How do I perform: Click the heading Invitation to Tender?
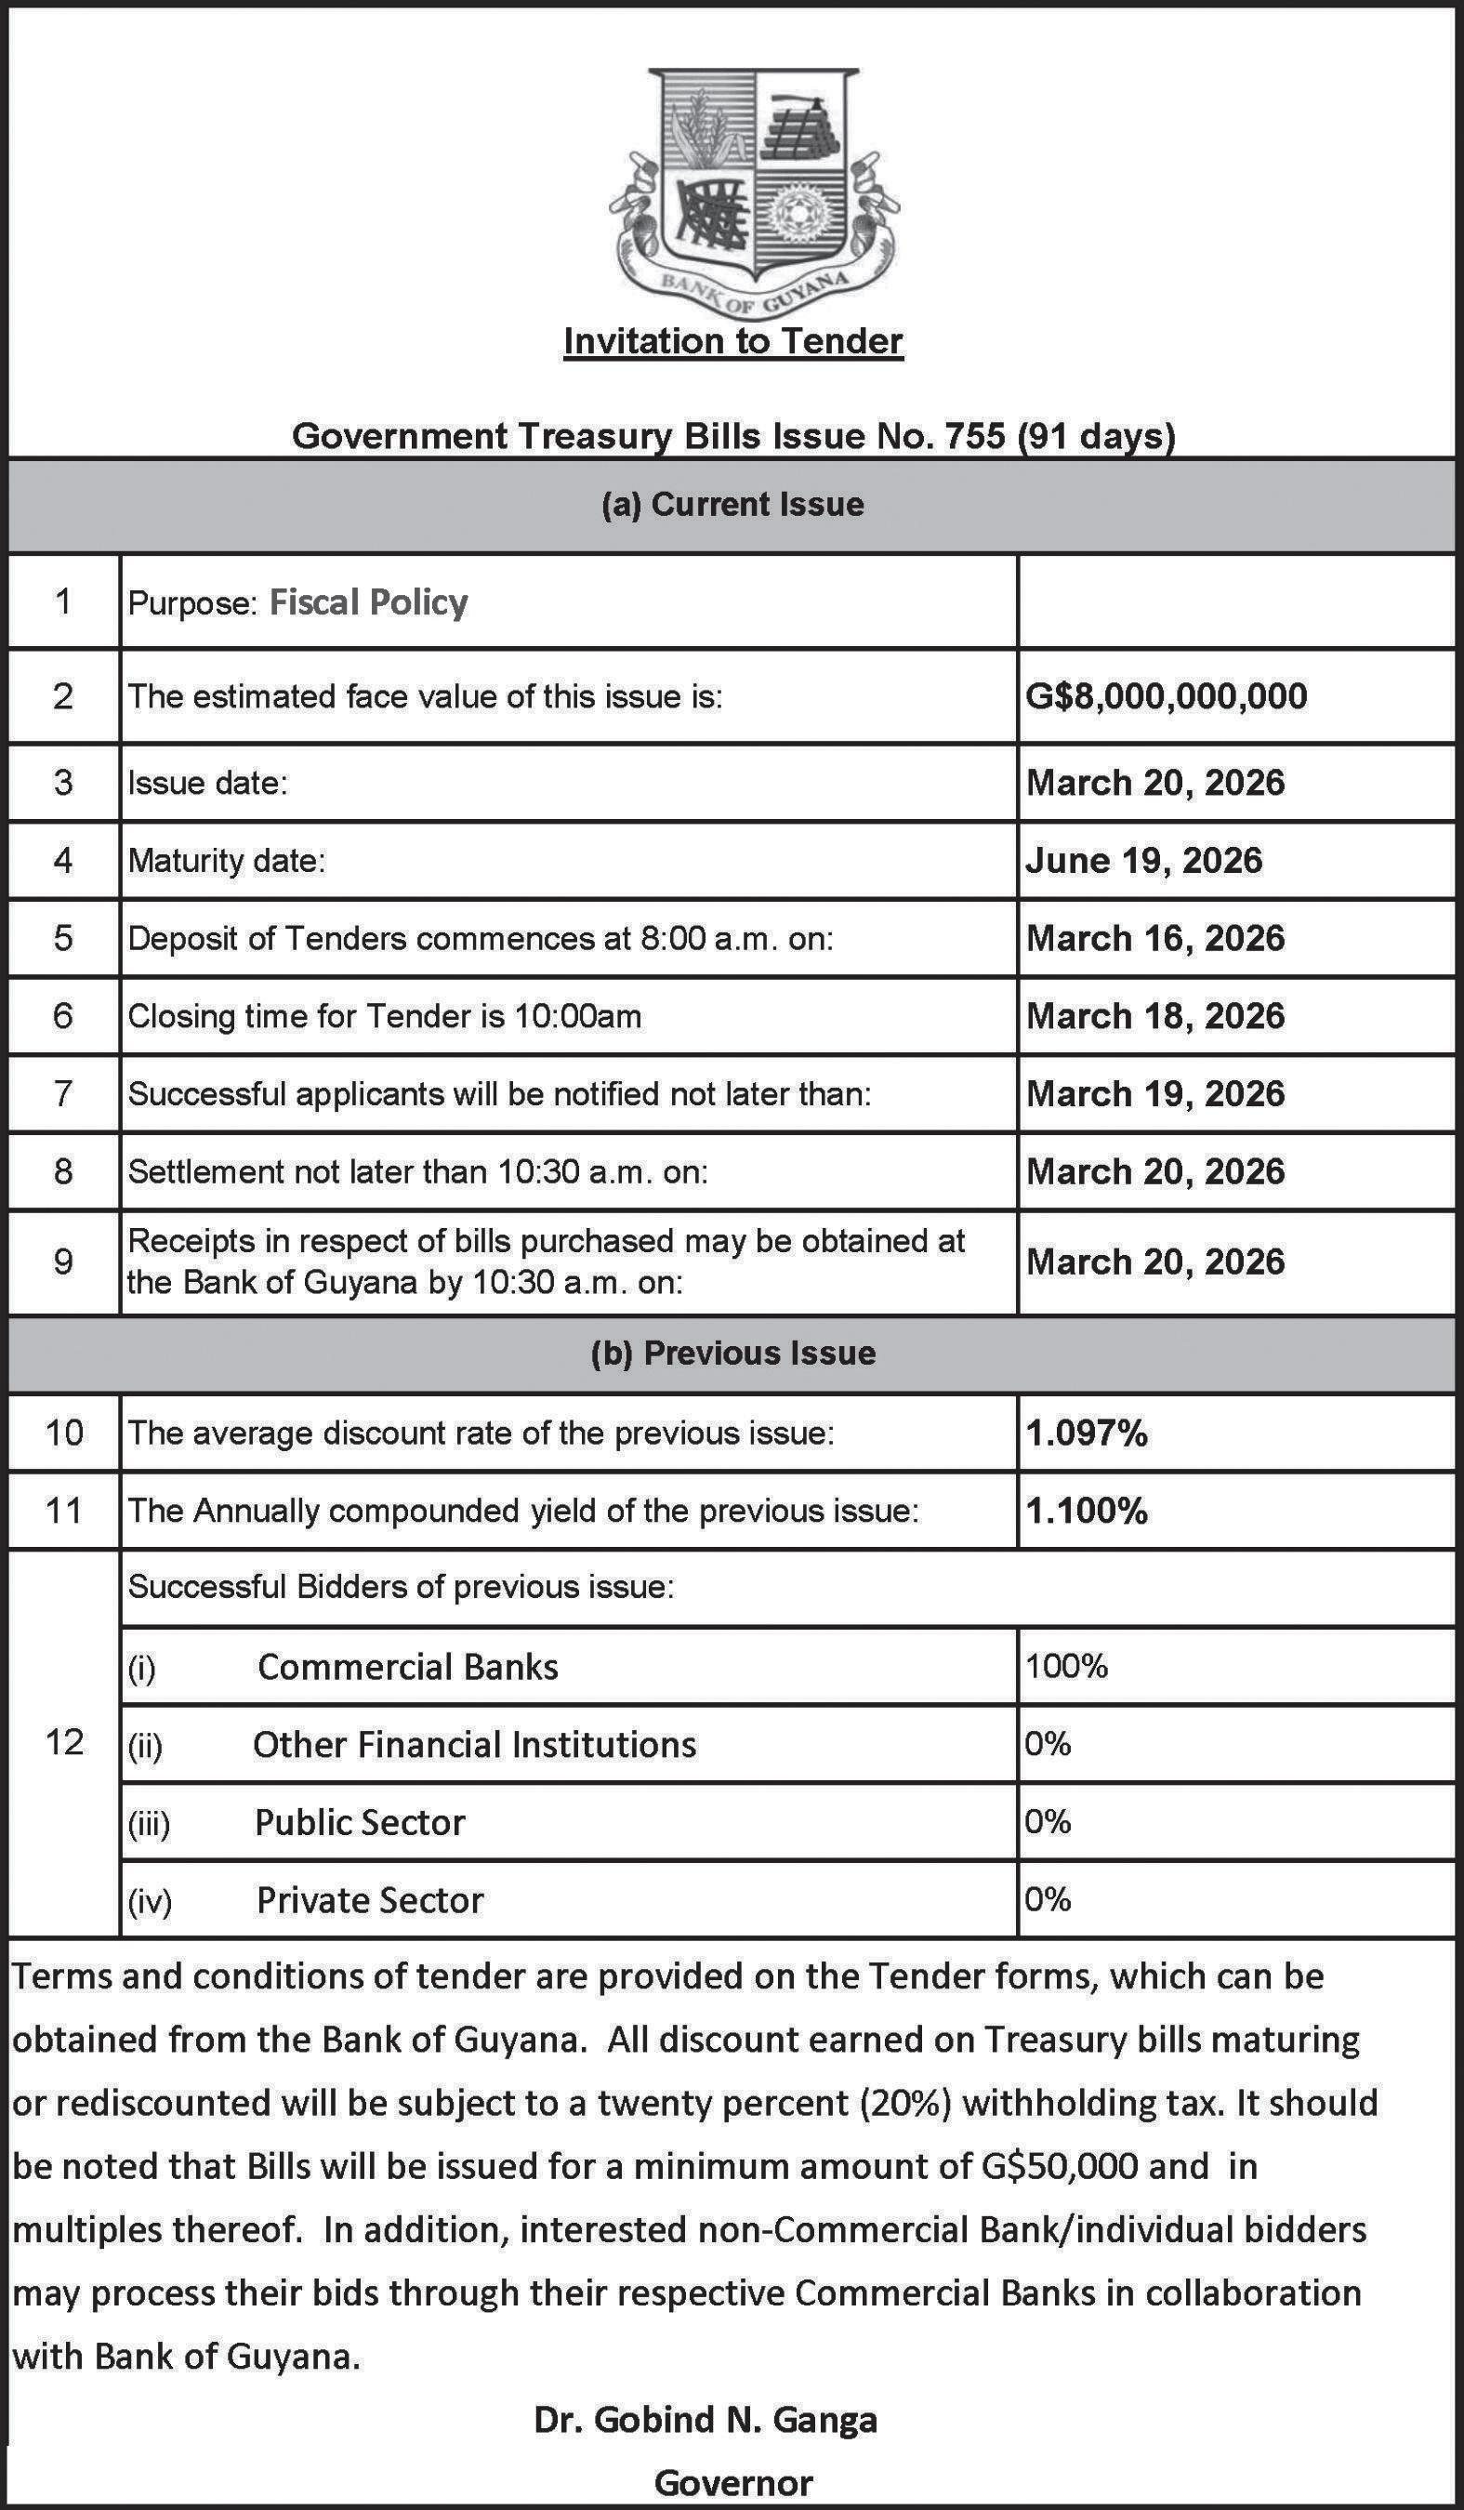point(733,340)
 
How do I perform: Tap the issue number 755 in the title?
point(974,436)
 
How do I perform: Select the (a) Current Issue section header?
point(732,504)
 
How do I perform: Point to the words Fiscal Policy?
point(368,602)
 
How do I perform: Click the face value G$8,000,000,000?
point(1167,695)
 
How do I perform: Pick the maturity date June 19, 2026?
point(1143,861)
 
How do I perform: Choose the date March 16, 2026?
point(1155,938)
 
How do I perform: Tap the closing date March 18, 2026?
point(1155,1016)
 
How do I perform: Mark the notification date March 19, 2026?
point(1155,1093)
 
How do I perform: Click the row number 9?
point(64,1262)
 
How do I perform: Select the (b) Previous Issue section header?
point(732,1353)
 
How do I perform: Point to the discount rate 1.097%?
point(1087,1433)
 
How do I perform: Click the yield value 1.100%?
point(1087,1511)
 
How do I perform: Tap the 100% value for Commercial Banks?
point(1067,1666)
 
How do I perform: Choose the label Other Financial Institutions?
point(474,1744)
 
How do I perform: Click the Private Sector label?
point(370,1899)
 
